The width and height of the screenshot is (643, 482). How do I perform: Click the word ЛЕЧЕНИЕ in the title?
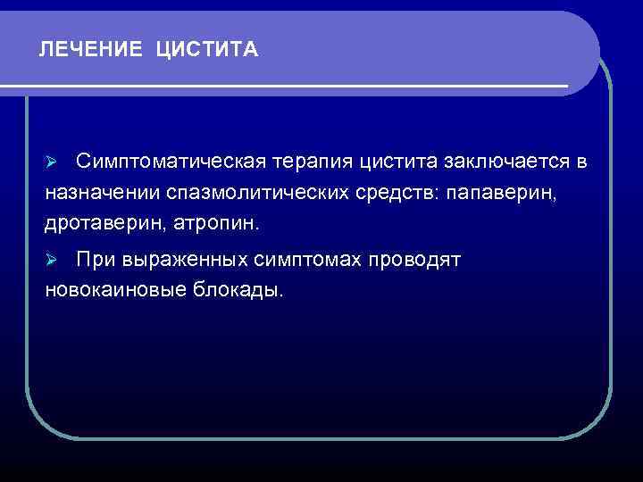(x=90, y=50)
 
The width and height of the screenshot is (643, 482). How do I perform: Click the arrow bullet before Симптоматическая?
(x=52, y=161)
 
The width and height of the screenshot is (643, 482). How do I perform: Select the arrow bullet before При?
(x=52, y=260)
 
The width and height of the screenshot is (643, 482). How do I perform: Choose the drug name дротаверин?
(x=98, y=223)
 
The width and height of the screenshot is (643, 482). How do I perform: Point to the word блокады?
(x=236, y=290)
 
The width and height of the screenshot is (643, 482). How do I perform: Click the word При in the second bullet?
(x=95, y=260)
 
